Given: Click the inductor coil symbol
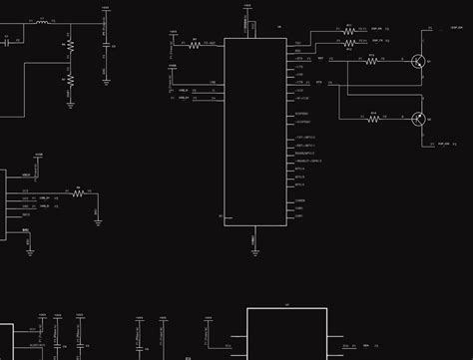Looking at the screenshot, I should pyautogui.click(x=42, y=21).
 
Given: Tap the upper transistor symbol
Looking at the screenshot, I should pyautogui.click(x=419, y=62).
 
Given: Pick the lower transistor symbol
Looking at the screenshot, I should pyautogui.click(x=419, y=120).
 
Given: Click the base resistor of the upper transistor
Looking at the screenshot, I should pyautogui.click(x=371, y=62).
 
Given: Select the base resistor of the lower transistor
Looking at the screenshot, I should pyautogui.click(x=372, y=120).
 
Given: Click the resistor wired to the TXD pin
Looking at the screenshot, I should pyautogui.click(x=349, y=31).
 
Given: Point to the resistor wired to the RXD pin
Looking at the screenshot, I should pyautogui.click(x=349, y=44).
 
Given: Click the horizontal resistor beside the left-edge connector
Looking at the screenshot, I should pyautogui.click(x=78, y=191).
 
